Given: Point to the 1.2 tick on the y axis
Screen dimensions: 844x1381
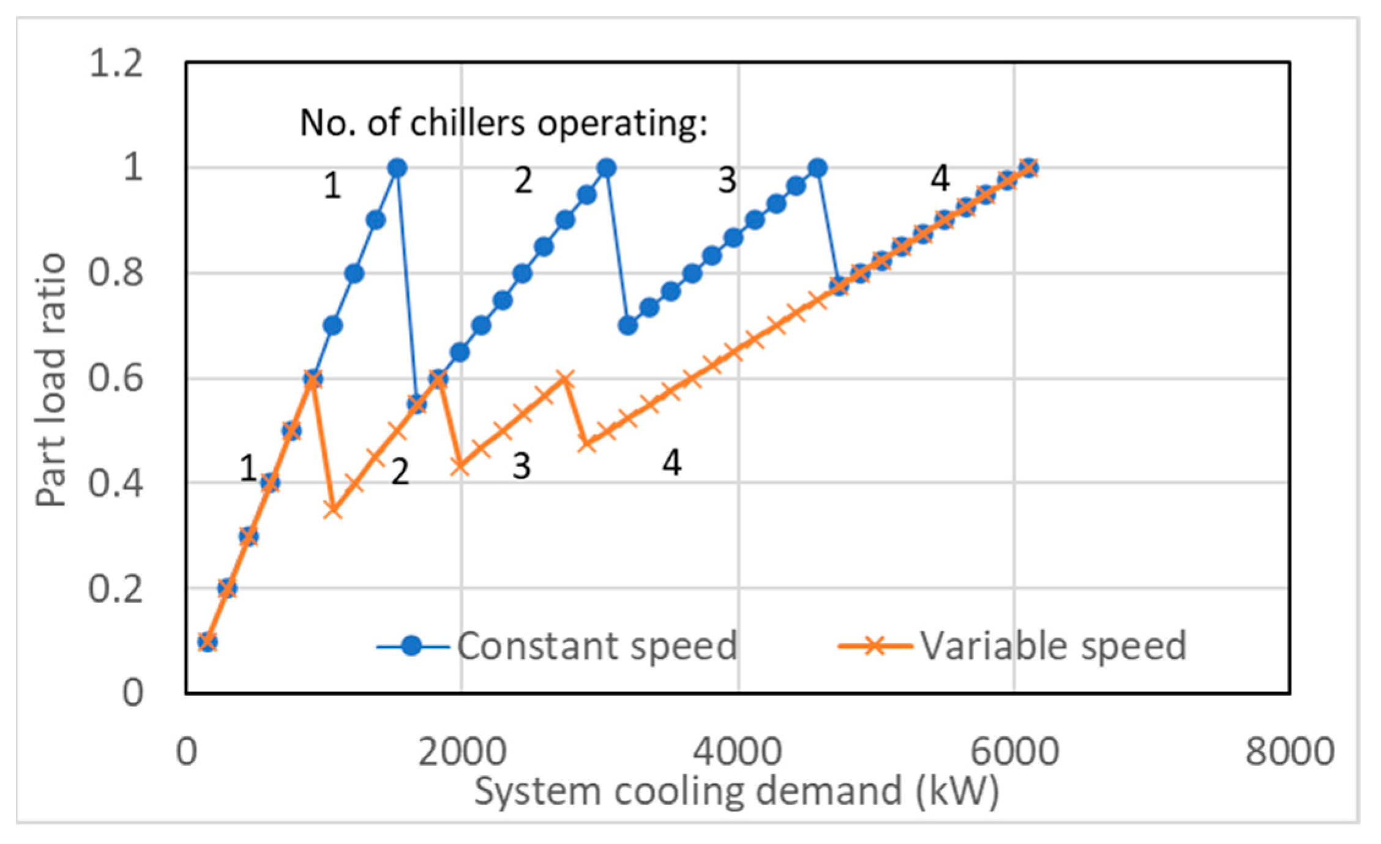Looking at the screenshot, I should coord(116,63).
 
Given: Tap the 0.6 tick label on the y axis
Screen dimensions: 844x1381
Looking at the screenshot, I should coord(116,378).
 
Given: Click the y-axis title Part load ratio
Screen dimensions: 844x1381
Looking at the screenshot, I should coord(50,379).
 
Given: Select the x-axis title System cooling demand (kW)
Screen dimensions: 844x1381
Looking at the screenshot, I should coord(737,791).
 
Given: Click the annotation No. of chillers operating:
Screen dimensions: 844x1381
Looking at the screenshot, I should coord(503,122).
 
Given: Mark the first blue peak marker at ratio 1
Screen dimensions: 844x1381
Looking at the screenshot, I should coord(397,168).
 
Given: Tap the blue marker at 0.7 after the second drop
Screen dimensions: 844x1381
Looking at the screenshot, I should coord(628,326).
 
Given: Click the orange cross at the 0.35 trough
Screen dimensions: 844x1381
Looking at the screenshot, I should coord(332,509).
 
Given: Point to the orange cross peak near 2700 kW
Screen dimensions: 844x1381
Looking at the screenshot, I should coord(564,379).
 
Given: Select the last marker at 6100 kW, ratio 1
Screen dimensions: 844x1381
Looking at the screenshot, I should coord(1029,168).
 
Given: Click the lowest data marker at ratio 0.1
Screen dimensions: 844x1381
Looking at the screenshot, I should coord(207,642).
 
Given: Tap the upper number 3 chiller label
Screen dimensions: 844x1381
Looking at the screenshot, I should coord(727,181).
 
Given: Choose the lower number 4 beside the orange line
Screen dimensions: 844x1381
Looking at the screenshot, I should coord(672,463).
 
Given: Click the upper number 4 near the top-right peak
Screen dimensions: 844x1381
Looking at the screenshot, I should coord(940,179).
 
